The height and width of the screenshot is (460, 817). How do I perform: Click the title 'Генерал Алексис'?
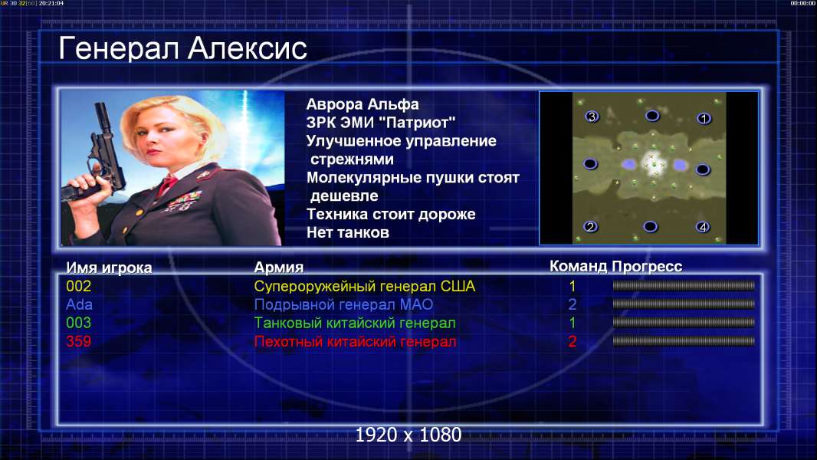[182, 49]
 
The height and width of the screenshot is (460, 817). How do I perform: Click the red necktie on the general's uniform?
[168, 184]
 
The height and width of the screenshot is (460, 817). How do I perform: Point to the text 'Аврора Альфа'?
[362, 104]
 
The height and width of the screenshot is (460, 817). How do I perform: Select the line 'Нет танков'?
[347, 232]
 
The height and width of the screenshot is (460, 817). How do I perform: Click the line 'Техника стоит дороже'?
[391, 214]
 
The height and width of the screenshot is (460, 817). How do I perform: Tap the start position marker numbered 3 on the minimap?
[592, 117]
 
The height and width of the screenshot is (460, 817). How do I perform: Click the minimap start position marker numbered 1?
[704, 119]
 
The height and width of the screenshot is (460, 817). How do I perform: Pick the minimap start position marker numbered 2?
[590, 227]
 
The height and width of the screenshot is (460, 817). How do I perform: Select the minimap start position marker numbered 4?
[703, 227]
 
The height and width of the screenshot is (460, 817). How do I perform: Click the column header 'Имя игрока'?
[109, 268]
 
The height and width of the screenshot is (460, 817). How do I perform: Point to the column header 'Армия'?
[278, 268]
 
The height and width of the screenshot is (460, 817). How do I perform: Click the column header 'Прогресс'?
[647, 267]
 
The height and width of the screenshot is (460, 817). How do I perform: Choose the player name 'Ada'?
[79, 305]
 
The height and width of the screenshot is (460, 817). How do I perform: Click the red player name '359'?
[79, 342]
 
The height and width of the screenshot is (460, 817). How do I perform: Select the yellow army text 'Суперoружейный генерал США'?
[365, 287]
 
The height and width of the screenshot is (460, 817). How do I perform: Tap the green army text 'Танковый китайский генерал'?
[355, 323]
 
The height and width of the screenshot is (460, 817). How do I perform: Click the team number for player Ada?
[572, 304]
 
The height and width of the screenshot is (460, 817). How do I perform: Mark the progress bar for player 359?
[684, 341]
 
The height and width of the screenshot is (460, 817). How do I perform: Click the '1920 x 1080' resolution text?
[408, 435]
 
